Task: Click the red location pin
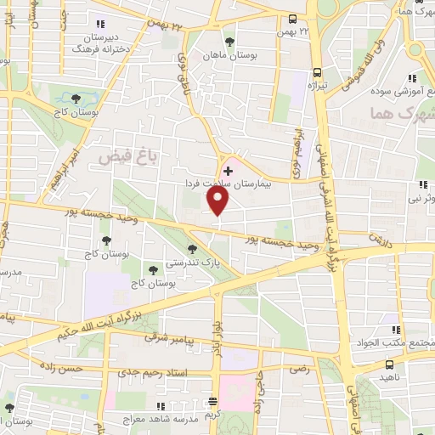218,201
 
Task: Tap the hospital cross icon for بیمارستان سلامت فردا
227,171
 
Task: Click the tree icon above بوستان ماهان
229,40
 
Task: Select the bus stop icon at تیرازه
318,72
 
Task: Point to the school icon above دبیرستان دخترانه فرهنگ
101,24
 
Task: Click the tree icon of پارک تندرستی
193,250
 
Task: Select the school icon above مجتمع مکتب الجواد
395,330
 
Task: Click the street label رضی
299,370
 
